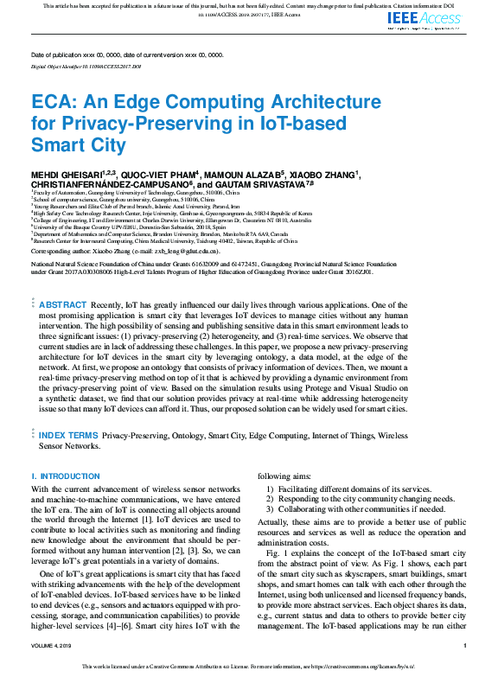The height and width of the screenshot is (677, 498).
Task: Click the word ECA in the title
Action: pyautogui.click(x=50, y=102)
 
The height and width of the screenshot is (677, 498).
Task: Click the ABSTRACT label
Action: pyautogui.click(x=62, y=304)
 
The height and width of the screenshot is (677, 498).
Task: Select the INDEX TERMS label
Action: pyautogui.click(x=68, y=436)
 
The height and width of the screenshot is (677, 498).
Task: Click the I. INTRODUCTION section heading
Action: pyautogui.click(x=66, y=476)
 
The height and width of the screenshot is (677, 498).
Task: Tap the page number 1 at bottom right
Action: pyautogui.click(x=465, y=646)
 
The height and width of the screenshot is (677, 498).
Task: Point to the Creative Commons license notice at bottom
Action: pyautogui.click(x=249, y=667)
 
